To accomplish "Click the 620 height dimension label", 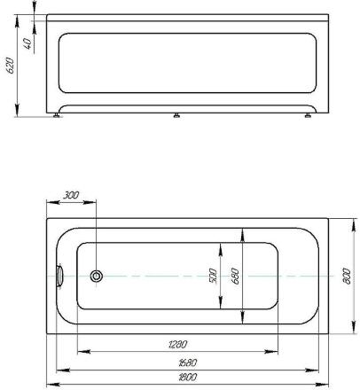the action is point(10,66).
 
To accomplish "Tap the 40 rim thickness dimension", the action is point(27,43).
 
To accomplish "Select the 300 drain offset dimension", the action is point(71,195).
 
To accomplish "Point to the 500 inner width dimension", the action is point(213,276).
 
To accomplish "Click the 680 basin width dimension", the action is point(235,276).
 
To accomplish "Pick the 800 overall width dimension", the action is point(347,277).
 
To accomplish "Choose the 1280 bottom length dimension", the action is point(177,344).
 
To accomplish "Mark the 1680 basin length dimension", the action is point(187,363).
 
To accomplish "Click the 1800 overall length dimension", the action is point(187,378).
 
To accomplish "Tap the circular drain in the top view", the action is point(97,277).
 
